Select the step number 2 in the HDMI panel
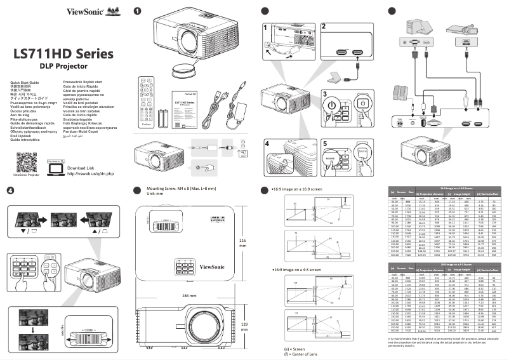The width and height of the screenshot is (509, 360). click(x=324, y=27)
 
